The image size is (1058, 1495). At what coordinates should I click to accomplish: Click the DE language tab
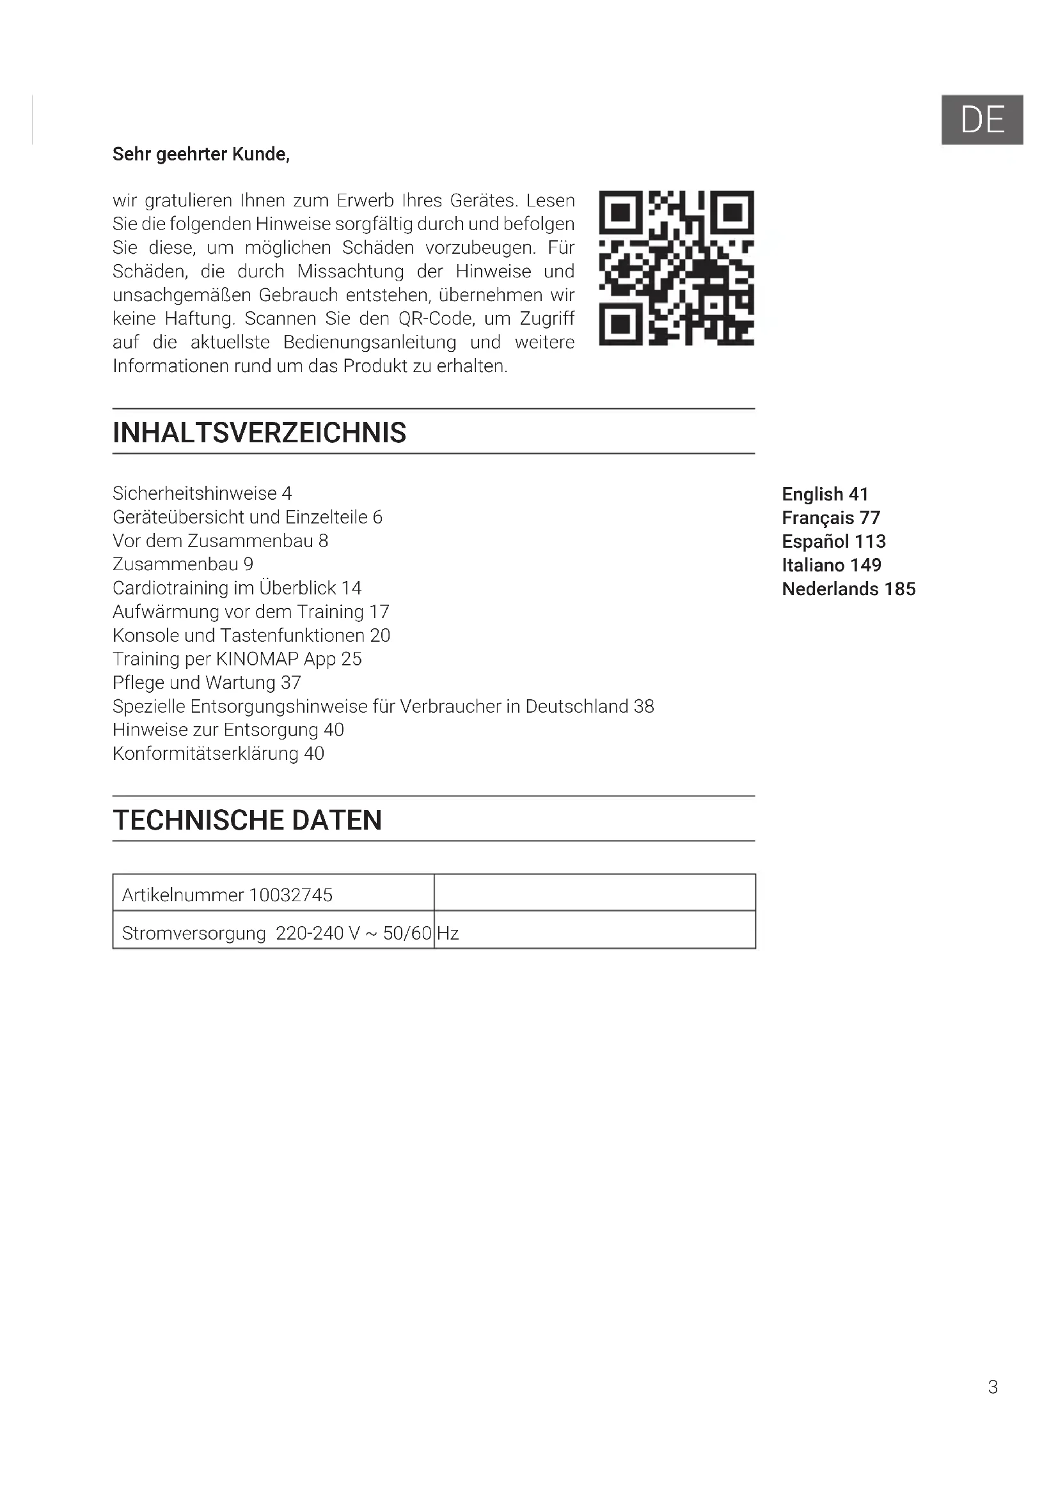(x=982, y=120)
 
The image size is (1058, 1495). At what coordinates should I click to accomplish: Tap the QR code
(x=676, y=268)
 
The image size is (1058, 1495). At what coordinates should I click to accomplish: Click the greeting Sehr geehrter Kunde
(x=201, y=154)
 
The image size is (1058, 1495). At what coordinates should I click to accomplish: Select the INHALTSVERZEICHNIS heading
(x=259, y=433)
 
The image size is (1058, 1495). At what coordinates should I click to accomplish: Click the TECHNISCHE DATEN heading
(x=247, y=820)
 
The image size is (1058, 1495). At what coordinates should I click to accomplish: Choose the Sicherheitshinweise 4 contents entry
(x=202, y=493)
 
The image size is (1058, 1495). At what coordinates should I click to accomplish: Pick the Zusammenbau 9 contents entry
(x=182, y=564)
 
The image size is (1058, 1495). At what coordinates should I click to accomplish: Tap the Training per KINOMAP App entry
(x=237, y=659)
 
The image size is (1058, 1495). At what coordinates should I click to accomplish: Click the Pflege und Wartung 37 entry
(x=207, y=683)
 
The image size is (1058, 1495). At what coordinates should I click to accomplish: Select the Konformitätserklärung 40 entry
(x=218, y=754)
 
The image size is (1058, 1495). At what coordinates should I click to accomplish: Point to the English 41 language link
(x=825, y=494)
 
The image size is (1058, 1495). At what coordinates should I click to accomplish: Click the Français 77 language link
(x=831, y=518)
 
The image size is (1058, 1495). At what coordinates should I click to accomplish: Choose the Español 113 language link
(x=833, y=541)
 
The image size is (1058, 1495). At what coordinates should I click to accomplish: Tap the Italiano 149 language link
(x=832, y=565)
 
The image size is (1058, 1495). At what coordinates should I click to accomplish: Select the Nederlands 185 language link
(x=848, y=589)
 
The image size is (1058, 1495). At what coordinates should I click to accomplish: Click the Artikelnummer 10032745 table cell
(x=227, y=895)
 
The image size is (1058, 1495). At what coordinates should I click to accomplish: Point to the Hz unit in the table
(x=448, y=933)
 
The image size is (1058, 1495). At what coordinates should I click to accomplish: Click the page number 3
(x=992, y=1387)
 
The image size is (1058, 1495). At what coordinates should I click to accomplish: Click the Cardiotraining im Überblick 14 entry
(x=237, y=588)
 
